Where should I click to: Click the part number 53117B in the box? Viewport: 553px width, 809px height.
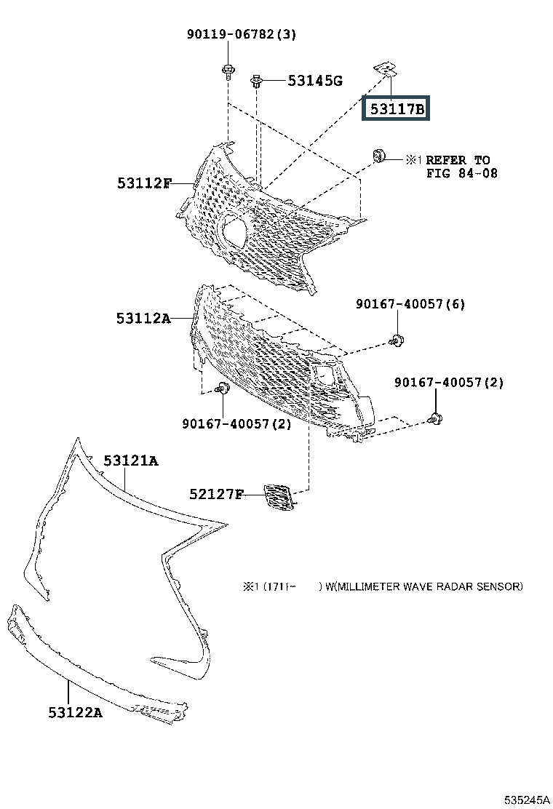(x=397, y=109)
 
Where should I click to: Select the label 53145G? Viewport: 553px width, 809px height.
(x=314, y=81)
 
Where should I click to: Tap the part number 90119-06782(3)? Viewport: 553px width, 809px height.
(x=231, y=34)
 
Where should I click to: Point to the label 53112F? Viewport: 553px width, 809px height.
(x=144, y=183)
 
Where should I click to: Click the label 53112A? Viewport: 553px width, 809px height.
(x=143, y=318)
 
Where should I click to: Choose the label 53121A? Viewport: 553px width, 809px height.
(x=130, y=461)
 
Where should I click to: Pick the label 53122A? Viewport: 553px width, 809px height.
(x=76, y=712)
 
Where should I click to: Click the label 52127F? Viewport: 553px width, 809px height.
(x=216, y=495)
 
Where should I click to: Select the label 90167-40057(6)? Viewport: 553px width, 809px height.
(x=410, y=303)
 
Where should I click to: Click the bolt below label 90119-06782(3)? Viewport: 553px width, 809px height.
(x=228, y=71)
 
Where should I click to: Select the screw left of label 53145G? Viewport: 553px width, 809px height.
(x=257, y=81)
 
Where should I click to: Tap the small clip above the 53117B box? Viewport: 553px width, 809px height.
(x=386, y=69)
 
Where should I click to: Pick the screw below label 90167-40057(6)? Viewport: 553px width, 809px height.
(x=397, y=339)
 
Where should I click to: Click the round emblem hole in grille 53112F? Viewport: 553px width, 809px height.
(x=234, y=231)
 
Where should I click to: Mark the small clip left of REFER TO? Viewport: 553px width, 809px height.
(x=379, y=156)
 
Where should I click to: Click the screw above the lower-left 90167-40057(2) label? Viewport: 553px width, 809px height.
(x=223, y=390)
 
